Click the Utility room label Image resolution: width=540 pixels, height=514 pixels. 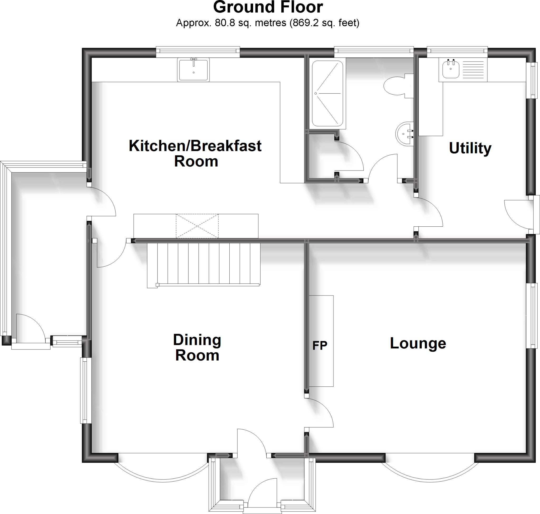pyautogui.click(x=470, y=148)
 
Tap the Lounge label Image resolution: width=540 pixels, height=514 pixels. pyautogui.click(x=418, y=343)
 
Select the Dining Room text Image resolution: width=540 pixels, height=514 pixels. pyautogui.click(x=197, y=347)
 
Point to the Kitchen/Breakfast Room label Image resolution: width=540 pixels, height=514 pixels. pyautogui.click(x=195, y=153)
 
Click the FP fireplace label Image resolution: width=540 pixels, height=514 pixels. pyautogui.click(x=320, y=346)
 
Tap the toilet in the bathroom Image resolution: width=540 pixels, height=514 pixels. pyautogui.click(x=395, y=86)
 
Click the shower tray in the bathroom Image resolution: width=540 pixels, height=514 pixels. pyautogui.click(x=327, y=93)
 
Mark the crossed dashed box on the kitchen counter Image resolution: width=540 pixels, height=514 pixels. pyautogui.click(x=197, y=226)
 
